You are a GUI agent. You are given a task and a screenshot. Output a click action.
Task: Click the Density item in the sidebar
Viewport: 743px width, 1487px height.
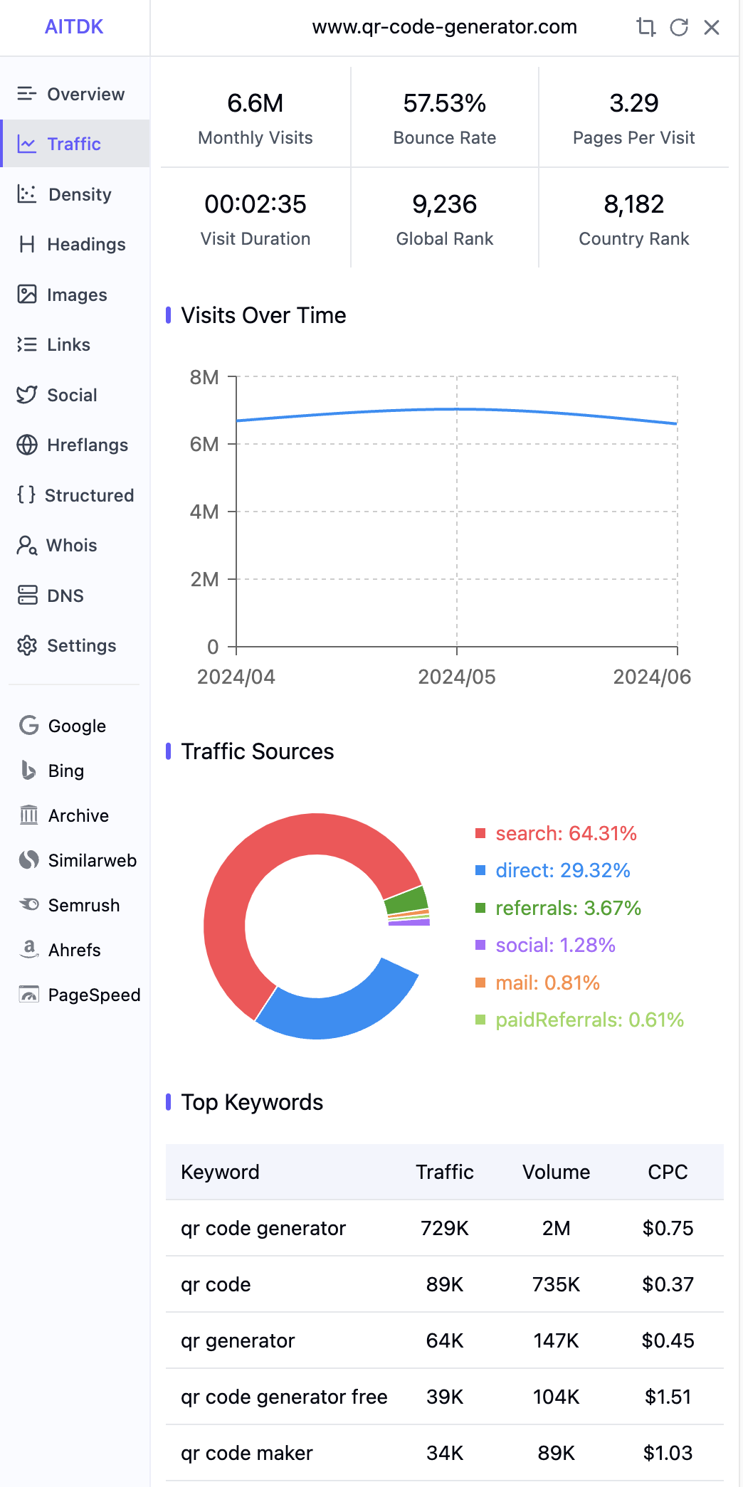coord(65,194)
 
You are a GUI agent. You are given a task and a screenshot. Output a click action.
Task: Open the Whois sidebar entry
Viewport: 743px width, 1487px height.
coord(57,545)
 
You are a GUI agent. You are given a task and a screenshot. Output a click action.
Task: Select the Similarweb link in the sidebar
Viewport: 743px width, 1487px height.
coord(78,860)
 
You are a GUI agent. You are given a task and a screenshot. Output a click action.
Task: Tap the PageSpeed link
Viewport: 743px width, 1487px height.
coord(80,995)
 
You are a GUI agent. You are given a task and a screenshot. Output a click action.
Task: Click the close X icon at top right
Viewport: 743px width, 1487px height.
coord(712,27)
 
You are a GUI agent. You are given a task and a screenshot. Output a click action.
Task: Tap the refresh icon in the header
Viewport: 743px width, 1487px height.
coord(679,27)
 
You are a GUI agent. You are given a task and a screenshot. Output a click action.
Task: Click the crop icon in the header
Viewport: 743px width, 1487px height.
coord(645,27)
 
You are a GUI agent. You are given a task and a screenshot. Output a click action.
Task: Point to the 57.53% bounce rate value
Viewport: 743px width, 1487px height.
coord(445,103)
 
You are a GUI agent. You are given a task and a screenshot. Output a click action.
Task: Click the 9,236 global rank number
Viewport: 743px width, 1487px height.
coord(445,204)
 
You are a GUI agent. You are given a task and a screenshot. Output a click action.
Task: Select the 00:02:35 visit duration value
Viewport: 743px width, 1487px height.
coord(255,204)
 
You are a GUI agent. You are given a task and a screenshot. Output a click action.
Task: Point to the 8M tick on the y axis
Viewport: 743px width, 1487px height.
coord(204,377)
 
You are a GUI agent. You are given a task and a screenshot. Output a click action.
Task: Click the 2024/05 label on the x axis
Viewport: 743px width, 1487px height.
coord(457,677)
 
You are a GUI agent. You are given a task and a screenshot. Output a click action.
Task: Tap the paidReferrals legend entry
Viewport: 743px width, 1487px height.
coord(579,1020)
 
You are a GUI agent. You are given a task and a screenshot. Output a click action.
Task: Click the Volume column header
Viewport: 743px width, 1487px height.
coord(557,1172)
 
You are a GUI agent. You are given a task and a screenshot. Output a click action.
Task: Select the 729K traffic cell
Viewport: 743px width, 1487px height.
coord(445,1228)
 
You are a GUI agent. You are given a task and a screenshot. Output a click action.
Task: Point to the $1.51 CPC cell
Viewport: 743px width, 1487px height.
coord(668,1397)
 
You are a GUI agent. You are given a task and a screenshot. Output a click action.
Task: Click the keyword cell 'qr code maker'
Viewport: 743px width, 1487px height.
coord(247,1453)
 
